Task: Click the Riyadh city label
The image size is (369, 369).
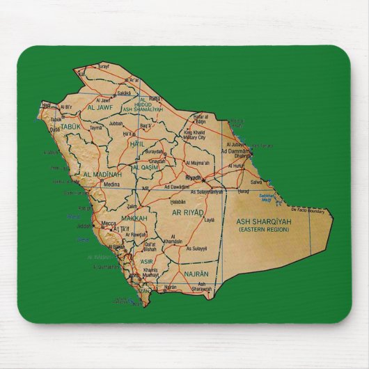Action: pos(193,178)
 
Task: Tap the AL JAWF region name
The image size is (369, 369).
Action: pos(100,108)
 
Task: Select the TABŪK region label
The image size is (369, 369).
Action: pos(70,127)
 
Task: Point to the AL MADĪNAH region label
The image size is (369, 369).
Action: pos(102,174)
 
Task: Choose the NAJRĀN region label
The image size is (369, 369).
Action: pos(196,274)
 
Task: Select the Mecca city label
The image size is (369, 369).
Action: pos(109,223)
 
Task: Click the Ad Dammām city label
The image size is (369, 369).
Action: pos(235,151)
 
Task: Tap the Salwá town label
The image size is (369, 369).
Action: pos(256,182)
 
